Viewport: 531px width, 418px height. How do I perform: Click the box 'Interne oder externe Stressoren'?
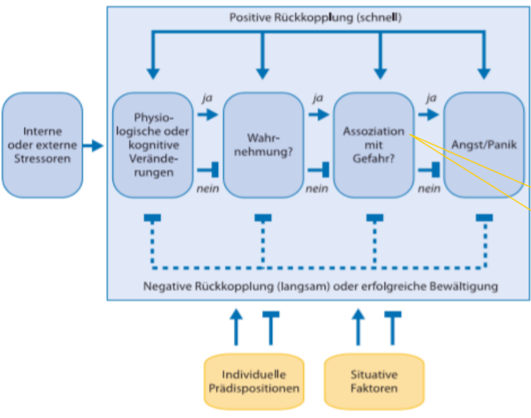point(42,144)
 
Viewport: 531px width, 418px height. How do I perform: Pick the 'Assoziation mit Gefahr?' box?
point(373,144)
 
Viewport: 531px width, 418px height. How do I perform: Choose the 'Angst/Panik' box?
point(484,144)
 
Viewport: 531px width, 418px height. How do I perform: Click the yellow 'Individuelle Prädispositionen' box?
point(253,381)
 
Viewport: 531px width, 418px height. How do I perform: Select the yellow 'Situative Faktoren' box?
point(374,381)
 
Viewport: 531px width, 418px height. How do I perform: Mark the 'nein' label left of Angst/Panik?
point(429,189)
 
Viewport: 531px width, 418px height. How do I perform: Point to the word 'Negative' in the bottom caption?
point(161,287)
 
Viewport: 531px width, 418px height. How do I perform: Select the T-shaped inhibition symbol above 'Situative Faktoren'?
point(393,325)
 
